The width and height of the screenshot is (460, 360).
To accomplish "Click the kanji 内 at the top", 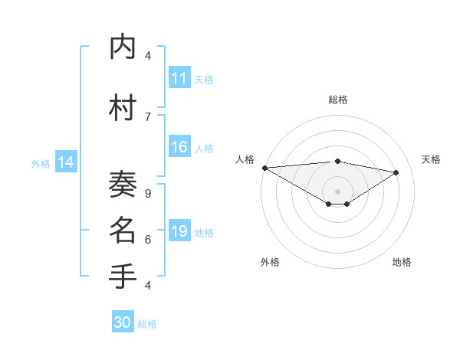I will coord(123,47).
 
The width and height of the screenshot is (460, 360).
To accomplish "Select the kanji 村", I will coord(123,108).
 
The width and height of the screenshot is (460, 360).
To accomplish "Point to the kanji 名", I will coord(123,231).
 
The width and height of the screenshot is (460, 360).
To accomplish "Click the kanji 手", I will coord(123,277).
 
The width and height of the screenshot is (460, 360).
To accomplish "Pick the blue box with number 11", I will coord(179,78).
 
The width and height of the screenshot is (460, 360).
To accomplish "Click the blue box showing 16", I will coord(179,147).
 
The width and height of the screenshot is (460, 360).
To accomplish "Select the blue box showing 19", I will coord(179,231).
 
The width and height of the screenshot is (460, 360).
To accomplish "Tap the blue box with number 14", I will coord(66,162).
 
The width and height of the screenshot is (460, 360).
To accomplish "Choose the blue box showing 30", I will coord(123,323).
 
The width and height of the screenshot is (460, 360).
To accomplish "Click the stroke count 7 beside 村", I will coord(148,116).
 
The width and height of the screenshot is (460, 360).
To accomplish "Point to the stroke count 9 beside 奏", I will coord(148,194).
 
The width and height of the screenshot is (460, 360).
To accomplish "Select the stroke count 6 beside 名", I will coord(148,240).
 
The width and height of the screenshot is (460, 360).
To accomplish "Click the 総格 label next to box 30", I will coord(147,324).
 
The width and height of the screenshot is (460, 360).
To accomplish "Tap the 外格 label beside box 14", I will coord(41,163).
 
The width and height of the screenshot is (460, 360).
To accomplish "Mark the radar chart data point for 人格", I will coord(264,168).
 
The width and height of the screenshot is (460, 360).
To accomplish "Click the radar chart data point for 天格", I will coord(396,172).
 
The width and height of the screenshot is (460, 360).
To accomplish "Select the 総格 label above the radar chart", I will coord(338,100).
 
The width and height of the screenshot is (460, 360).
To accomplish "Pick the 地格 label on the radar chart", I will coord(402,262).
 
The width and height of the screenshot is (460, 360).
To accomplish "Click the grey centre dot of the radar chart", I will coord(337,190).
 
